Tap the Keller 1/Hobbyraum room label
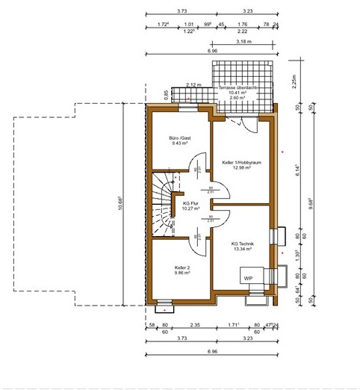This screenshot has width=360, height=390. [x=240, y=162]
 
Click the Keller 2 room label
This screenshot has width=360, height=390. [x=181, y=267]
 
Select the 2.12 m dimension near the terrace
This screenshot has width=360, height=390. [x=193, y=84]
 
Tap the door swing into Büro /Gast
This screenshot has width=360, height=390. [x=196, y=163]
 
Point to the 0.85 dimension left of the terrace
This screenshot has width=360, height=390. [x=166, y=94]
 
